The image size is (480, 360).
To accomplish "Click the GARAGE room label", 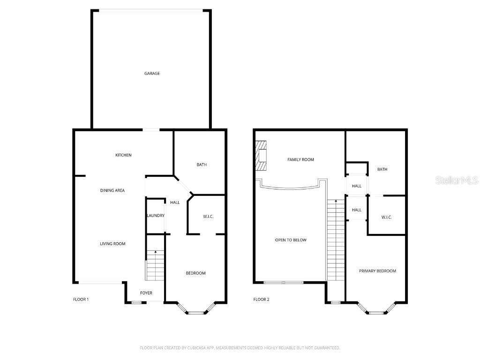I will coord(151,73).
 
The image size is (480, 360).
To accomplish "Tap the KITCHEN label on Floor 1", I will coord(123,155).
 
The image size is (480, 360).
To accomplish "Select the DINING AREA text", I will coord(112,190).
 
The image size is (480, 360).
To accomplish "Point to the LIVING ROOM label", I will coord(112,243).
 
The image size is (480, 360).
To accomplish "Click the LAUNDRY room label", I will coord(155,216).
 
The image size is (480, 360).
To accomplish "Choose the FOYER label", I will coord(146,293).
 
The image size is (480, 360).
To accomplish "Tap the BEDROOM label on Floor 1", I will coord(195,273).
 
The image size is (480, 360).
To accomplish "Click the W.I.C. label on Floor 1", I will coord(208,216).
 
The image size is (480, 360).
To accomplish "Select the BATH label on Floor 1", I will coord(202,165).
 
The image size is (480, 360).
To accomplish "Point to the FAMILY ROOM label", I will coord(300,160).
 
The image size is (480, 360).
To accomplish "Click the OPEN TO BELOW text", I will coord(291,240).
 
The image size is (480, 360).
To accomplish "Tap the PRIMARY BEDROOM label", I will coord(377,271).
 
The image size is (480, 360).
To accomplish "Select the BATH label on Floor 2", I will coord(382,169).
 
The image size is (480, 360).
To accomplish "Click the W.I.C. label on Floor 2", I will coord(386,217).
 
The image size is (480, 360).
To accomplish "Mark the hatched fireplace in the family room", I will coord(261,155).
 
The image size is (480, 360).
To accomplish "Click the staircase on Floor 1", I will coord(155,265).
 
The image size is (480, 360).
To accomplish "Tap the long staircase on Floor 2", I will coord(336,239).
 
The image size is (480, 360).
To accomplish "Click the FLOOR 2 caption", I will coord(261,300).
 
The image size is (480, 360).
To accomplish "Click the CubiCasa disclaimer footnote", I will coord(240,348).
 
